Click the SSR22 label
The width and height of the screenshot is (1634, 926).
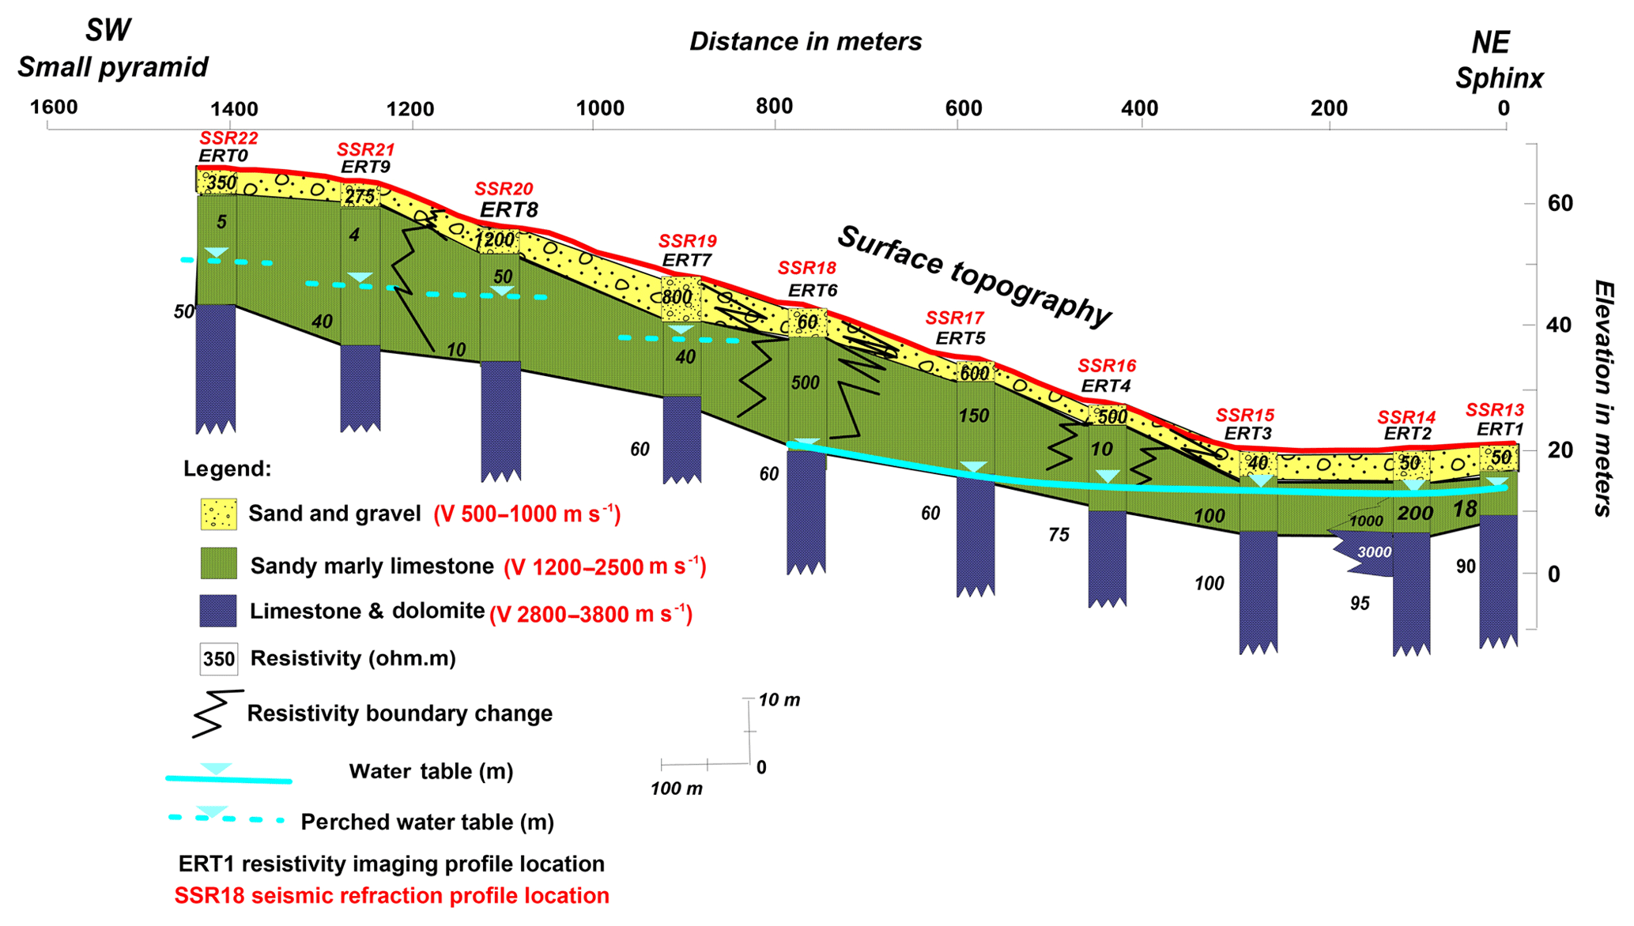pyautogui.click(x=228, y=138)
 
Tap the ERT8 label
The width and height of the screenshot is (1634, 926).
pyautogui.click(x=509, y=209)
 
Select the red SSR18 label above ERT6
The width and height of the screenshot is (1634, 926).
pyautogui.click(x=806, y=269)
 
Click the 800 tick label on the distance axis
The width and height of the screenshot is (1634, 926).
pyautogui.click(x=775, y=107)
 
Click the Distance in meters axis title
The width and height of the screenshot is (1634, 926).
pyautogui.click(x=806, y=42)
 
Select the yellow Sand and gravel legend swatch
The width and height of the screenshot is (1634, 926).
pyautogui.click(x=218, y=514)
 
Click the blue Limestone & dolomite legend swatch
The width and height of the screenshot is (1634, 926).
pyautogui.click(x=218, y=611)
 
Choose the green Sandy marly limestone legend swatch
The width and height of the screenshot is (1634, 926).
pyautogui.click(x=218, y=564)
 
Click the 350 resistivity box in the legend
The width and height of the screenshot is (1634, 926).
pyautogui.click(x=218, y=659)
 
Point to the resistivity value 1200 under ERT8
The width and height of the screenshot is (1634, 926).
pyautogui.click(x=495, y=239)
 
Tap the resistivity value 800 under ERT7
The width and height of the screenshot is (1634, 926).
pyautogui.click(x=677, y=297)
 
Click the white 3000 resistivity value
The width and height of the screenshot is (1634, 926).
pyautogui.click(x=1374, y=552)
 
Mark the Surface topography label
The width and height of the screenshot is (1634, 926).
pyautogui.click(x=974, y=276)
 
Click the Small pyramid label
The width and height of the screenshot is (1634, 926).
pyautogui.click(x=113, y=68)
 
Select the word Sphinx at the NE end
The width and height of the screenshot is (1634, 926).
pyautogui.click(x=1499, y=79)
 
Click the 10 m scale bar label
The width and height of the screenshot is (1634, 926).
pyautogui.click(x=779, y=700)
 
